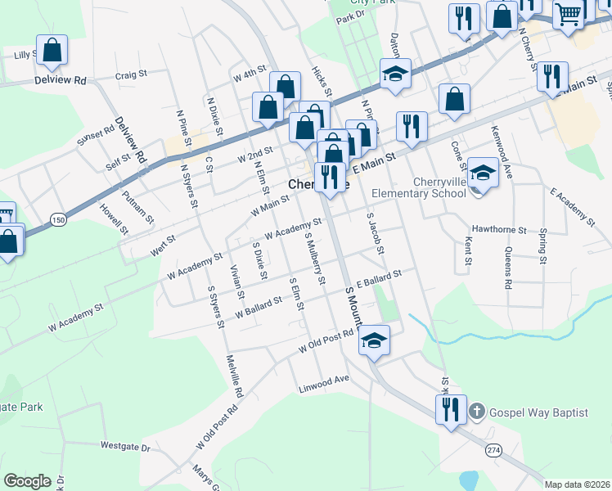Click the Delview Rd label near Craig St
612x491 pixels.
61,81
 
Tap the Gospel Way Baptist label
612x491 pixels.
538,412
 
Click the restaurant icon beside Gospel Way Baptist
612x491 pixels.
450,409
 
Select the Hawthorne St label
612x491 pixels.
498,231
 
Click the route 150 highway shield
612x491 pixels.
57,219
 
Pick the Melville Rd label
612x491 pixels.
236,381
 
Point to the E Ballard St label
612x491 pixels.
380,278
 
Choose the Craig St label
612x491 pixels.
130,74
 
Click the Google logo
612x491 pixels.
27,481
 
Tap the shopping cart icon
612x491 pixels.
568,13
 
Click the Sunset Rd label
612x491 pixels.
97,137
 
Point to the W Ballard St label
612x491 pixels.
258,307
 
